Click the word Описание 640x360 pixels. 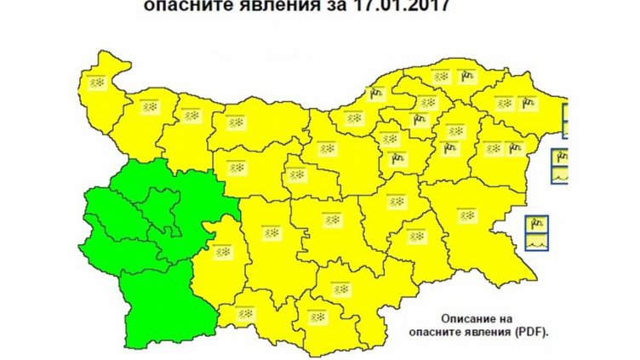click(x=460, y=315)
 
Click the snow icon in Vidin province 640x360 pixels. click(x=97, y=83)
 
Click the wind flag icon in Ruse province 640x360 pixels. click(x=374, y=94)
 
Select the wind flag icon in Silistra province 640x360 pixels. click(x=466, y=77)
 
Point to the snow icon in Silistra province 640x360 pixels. click(x=441, y=77)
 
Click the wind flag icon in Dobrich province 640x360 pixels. click(x=528, y=104)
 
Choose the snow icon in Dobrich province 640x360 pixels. click(x=504, y=104)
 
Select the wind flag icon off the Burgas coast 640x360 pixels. click(x=537, y=225)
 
